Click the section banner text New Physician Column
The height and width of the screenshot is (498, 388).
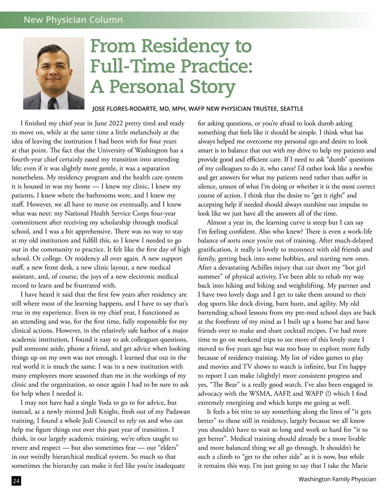73,20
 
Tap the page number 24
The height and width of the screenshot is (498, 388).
16,481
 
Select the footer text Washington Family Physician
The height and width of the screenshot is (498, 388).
337,479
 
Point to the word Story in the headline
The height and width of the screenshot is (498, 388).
212,87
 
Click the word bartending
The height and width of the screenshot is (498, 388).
214,312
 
